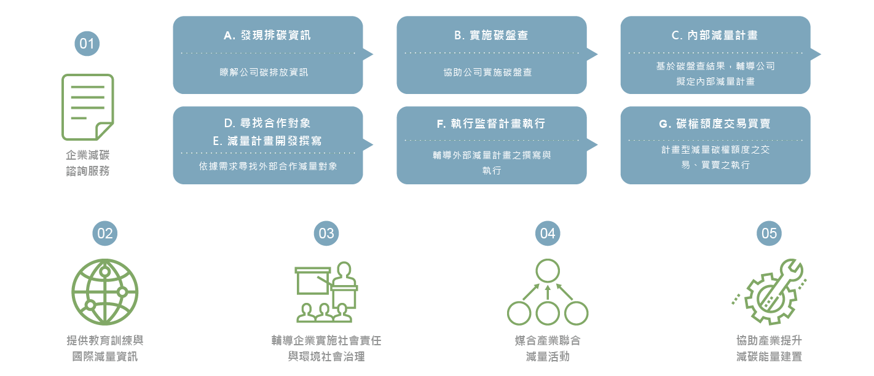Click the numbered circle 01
pos(87,44)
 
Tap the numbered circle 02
pos(105,233)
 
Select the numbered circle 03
pos(326,233)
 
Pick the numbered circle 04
pos(548,233)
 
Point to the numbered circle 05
pos(769,233)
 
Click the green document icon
pos(88,107)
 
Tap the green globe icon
pos(105,292)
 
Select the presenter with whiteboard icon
pos(326,292)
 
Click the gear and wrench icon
pos(769,292)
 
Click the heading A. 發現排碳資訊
pos(267,36)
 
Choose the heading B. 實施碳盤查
pos(491,36)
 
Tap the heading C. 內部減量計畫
pos(715,36)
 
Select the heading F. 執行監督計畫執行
pos(491,123)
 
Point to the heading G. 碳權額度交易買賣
pos(715,123)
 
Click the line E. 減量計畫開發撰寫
pos(267,141)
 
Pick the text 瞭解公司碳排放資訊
pos(264,72)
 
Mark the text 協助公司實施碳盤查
pos(488,72)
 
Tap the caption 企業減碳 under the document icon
pos(88,155)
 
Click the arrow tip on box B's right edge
pos(597,54)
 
